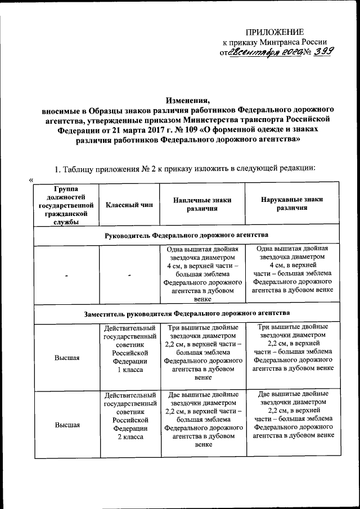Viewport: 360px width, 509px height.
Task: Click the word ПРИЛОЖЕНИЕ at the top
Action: point(277,32)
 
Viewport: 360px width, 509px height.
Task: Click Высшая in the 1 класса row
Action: point(66,358)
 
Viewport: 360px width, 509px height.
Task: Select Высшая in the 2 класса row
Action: point(66,425)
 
